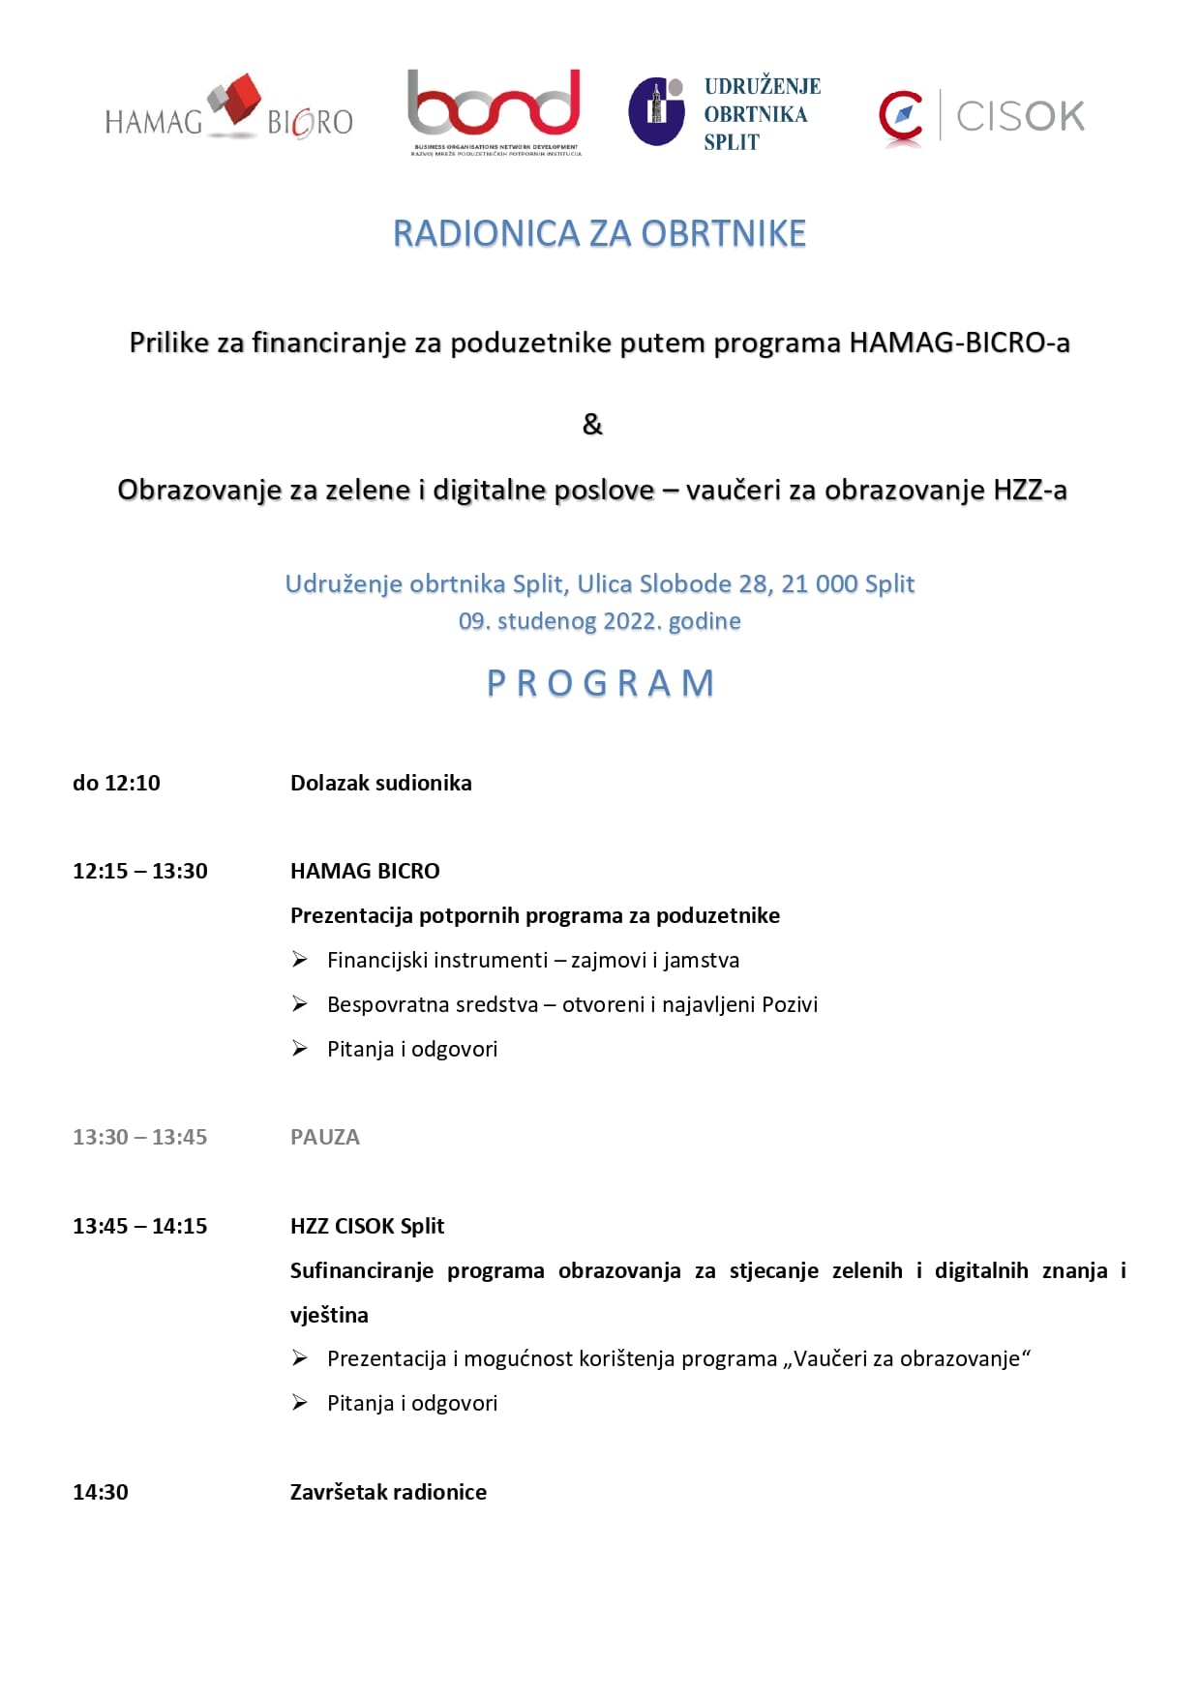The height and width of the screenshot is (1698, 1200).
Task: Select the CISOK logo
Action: click(981, 117)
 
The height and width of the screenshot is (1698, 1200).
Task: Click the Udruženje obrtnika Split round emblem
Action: click(657, 112)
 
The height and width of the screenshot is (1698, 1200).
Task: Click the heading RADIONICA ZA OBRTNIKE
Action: click(599, 234)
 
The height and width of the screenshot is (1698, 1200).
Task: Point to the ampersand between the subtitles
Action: click(592, 424)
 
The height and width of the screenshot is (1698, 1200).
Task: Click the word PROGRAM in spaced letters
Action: click(600, 683)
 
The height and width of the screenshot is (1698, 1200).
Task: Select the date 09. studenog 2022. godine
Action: click(599, 621)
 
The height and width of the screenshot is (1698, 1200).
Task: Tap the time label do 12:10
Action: click(116, 783)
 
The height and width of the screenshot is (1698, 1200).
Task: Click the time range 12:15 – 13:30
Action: click(140, 871)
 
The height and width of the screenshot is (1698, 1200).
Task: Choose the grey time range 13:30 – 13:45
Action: click(140, 1137)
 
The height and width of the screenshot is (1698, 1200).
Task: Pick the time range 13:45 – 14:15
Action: click(140, 1226)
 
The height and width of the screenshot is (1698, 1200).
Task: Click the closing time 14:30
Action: click(101, 1492)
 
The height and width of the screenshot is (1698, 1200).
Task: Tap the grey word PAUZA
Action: click(325, 1137)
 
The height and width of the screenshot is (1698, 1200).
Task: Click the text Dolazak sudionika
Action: click(381, 783)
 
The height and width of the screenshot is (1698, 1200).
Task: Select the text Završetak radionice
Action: click(388, 1492)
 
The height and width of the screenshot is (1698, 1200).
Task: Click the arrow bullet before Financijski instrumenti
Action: click(300, 960)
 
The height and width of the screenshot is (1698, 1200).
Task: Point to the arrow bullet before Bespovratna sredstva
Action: click(300, 1004)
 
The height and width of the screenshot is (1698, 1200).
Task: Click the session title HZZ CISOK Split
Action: click(367, 1226)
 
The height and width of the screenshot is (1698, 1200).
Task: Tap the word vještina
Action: click(329, 1315)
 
